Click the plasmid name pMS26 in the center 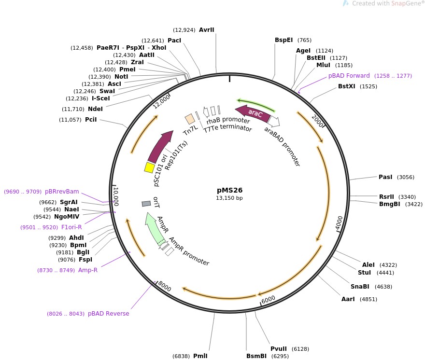click(229, 190)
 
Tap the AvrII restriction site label click(206, 30)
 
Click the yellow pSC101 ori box click(150, 167)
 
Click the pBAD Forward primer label click(349, 76)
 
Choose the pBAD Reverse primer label click(108, 314)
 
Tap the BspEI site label click(283, 40)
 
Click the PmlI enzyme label click(200, 356)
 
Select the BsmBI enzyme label click(256, 356)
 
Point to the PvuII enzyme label click(279, 349)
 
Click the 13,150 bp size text click(229, 198)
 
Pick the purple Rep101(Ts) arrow click(160, 146)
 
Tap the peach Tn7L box click(190, 119)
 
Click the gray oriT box click(146, 204)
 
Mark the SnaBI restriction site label click(360, 287)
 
